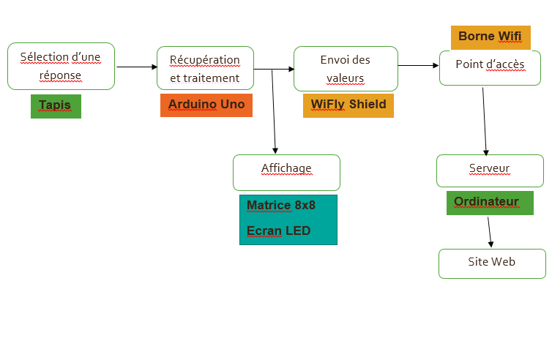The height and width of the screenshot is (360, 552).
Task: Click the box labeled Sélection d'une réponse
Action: pyautogui.click(x=61, y=66)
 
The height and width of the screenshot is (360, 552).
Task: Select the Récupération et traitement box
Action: pyautogui.click(x=205, y=68)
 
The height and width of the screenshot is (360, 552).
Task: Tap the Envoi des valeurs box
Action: pyautogui.click(x=346, y=68)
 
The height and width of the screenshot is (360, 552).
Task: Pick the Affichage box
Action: pyautogui.click(x=286, y=172)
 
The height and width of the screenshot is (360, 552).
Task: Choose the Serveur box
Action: pyautogui.click(x=490, y=170)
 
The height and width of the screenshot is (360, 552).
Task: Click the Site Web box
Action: pyautogui.click(x=492, y=263)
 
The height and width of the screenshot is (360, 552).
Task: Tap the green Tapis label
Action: pyautogui.click(x=56, y=105)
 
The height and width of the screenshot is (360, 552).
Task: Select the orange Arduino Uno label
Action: pyautogui.click(x=206, y=105)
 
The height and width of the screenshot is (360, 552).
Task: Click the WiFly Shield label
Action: pyautogui.click(x=348, y=105)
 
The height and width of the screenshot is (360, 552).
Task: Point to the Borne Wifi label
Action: pyautogui.click(x=490, y=37)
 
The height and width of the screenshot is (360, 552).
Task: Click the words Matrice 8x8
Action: pyautogui.click(x=281, y=206)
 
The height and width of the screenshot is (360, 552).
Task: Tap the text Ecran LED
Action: pyautogui.click(x=279, y=231)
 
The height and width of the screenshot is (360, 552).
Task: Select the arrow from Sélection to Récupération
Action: pyautogui.click(x=137, y=67)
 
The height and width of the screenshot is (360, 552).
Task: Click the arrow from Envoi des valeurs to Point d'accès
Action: pyautogui.click(x=418, y=66)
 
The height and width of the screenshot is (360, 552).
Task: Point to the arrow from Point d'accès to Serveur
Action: pyautogui.click(x=485, y=121)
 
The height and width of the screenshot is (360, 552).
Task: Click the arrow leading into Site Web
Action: pyautogui.click(x=490, y=232)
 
